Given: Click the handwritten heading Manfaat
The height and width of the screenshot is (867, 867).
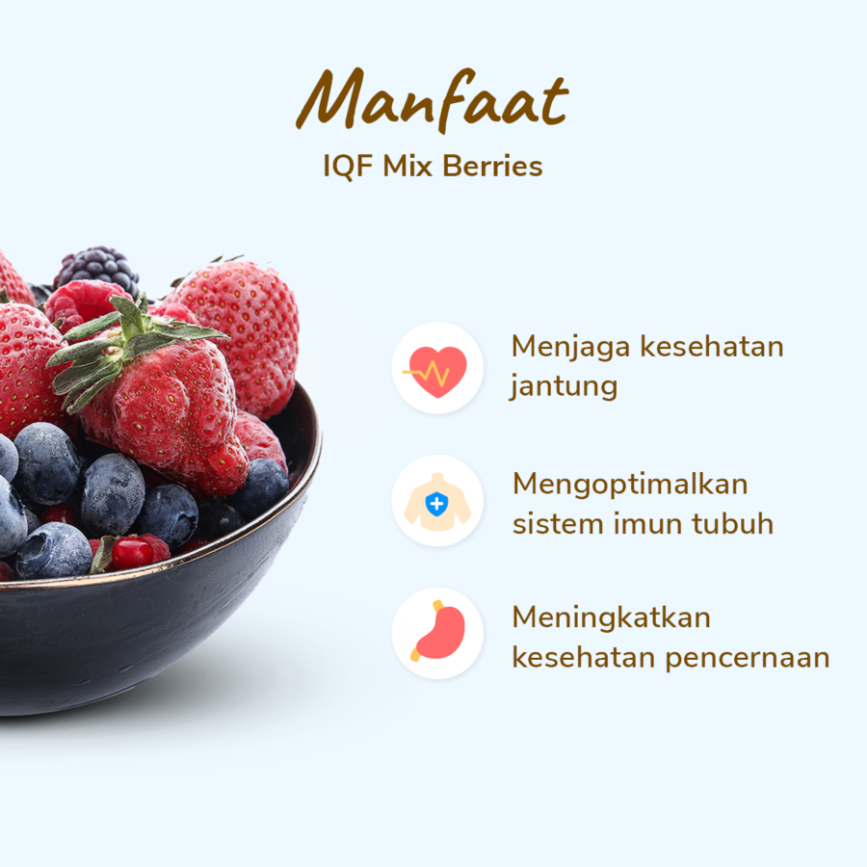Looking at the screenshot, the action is coord(433,99).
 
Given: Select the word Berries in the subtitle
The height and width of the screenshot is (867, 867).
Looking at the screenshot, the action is coord(492,166).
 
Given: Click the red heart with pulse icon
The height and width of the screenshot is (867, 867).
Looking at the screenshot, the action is coord(436,372).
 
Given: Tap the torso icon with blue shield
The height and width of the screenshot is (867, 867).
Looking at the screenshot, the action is coord(436,502).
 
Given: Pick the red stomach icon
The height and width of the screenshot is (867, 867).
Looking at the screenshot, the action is coord(439,631).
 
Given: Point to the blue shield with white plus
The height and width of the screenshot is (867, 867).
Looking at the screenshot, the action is coord(436,504).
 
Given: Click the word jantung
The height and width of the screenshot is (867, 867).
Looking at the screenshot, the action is coord(564,386).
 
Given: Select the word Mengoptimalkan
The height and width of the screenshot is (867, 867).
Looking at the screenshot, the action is coord(630,485).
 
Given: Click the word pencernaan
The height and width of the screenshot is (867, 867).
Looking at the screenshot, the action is coord(747,658).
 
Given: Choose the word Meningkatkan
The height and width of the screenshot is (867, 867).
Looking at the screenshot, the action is coord(611,618).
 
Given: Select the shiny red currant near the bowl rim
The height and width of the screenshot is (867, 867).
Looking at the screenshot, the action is coord(132,552).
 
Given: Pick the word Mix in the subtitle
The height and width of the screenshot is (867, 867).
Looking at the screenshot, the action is coord(407,166).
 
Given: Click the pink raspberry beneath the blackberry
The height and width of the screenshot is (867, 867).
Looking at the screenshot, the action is coord(83,305).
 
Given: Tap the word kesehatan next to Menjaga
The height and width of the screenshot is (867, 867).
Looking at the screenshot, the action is coord(712,347).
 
